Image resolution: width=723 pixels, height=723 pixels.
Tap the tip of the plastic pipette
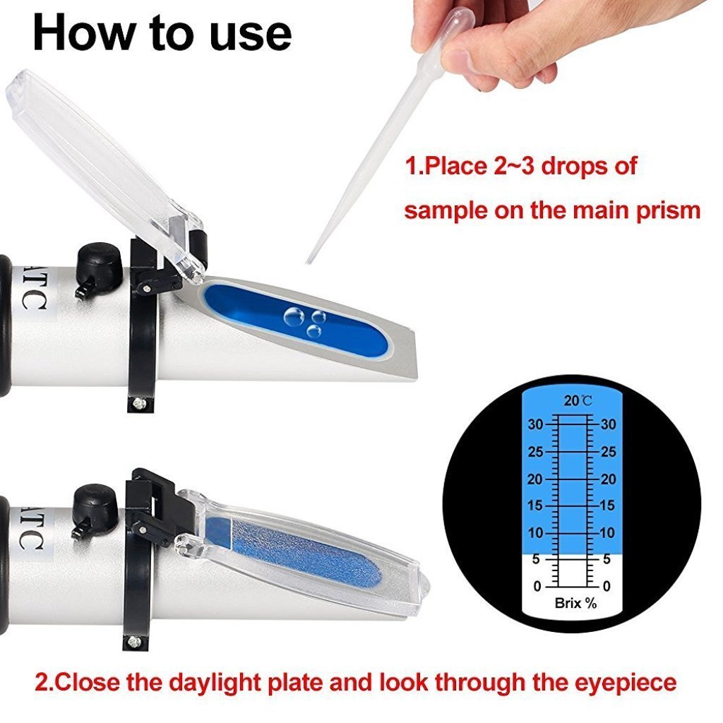[x=309, y=261]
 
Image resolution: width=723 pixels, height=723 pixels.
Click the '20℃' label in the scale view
[x=577, y=401]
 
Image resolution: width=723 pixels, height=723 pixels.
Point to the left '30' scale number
[x=536, y=425]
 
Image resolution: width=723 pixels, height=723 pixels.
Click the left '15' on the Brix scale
[x=536, y=506]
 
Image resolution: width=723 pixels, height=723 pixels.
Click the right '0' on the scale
[x=606, y=586]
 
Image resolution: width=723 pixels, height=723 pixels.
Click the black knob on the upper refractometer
[x=100, y=262]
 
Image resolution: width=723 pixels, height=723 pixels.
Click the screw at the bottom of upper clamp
[x=139, y=402]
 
